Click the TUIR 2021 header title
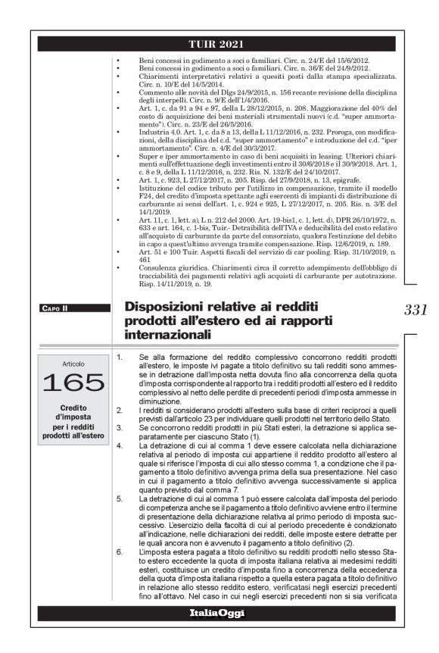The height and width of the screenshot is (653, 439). [219, 42]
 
